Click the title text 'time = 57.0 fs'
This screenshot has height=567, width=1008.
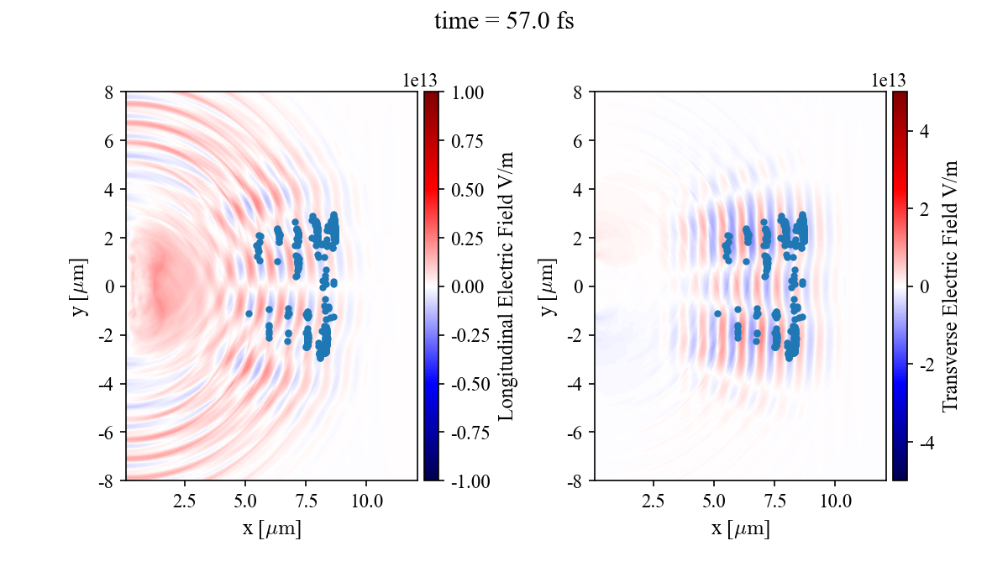click(503, 22)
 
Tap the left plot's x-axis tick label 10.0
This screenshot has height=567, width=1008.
click(366, 501)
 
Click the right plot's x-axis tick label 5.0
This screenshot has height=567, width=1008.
click(714, 501)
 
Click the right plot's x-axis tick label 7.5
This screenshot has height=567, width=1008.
click(774, 501)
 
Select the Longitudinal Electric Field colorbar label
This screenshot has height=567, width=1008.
click(506, 286)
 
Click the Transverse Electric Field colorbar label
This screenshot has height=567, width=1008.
click(950, 286)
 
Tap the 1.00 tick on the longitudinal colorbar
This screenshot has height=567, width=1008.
click(466, 92)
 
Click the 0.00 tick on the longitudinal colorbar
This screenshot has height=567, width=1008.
click(466, 286)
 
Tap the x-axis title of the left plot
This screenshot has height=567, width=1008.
click(271, 529)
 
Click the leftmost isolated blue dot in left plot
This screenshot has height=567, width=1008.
click(249, 313)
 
